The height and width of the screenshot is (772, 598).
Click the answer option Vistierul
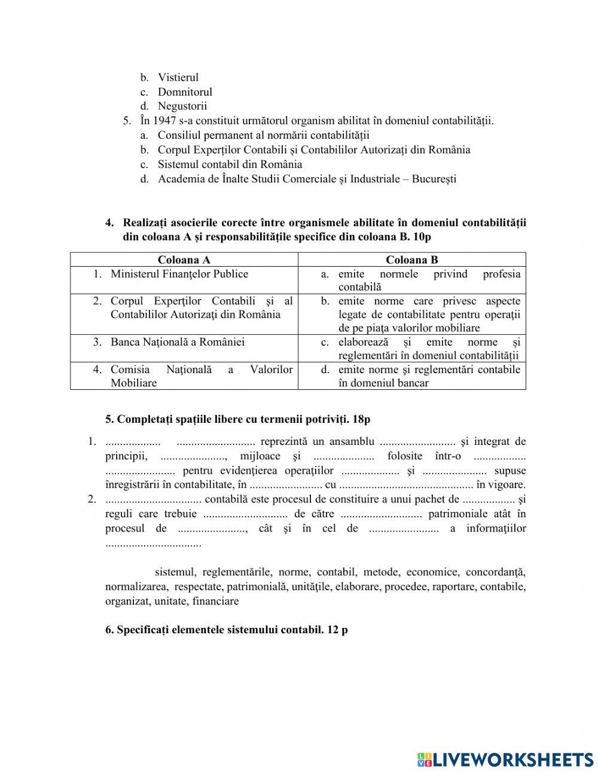click(x=178, y=77)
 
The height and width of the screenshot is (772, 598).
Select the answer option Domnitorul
click(x=185, y=91)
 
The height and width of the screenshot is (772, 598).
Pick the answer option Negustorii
click(x=182, y=106)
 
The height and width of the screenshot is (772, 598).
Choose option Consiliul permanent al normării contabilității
click(x=263, y=135)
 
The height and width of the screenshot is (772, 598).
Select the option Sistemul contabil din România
click(x=230, y=164)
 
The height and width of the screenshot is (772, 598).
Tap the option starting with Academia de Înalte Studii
click(x=307, y=179)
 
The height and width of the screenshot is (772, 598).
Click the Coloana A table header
click(x=184, y=260)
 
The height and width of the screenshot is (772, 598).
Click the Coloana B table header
click(x=411, y=260)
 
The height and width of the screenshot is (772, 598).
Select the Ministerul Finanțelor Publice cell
click(x=179, y=274)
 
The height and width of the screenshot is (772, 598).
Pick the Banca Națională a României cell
click(x=177, y=342)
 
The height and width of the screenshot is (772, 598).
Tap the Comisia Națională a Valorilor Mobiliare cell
click(x=201, y=376)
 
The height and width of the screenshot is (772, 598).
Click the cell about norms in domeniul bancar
click(x=428, y=376)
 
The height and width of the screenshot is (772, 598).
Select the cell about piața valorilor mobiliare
click(x=428, y=315)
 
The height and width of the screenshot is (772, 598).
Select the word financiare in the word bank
click(x=215, y=601)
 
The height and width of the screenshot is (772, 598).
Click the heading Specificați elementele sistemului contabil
click(x=226, y=630)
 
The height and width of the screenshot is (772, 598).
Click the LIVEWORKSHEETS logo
click(x=505, y=759)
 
